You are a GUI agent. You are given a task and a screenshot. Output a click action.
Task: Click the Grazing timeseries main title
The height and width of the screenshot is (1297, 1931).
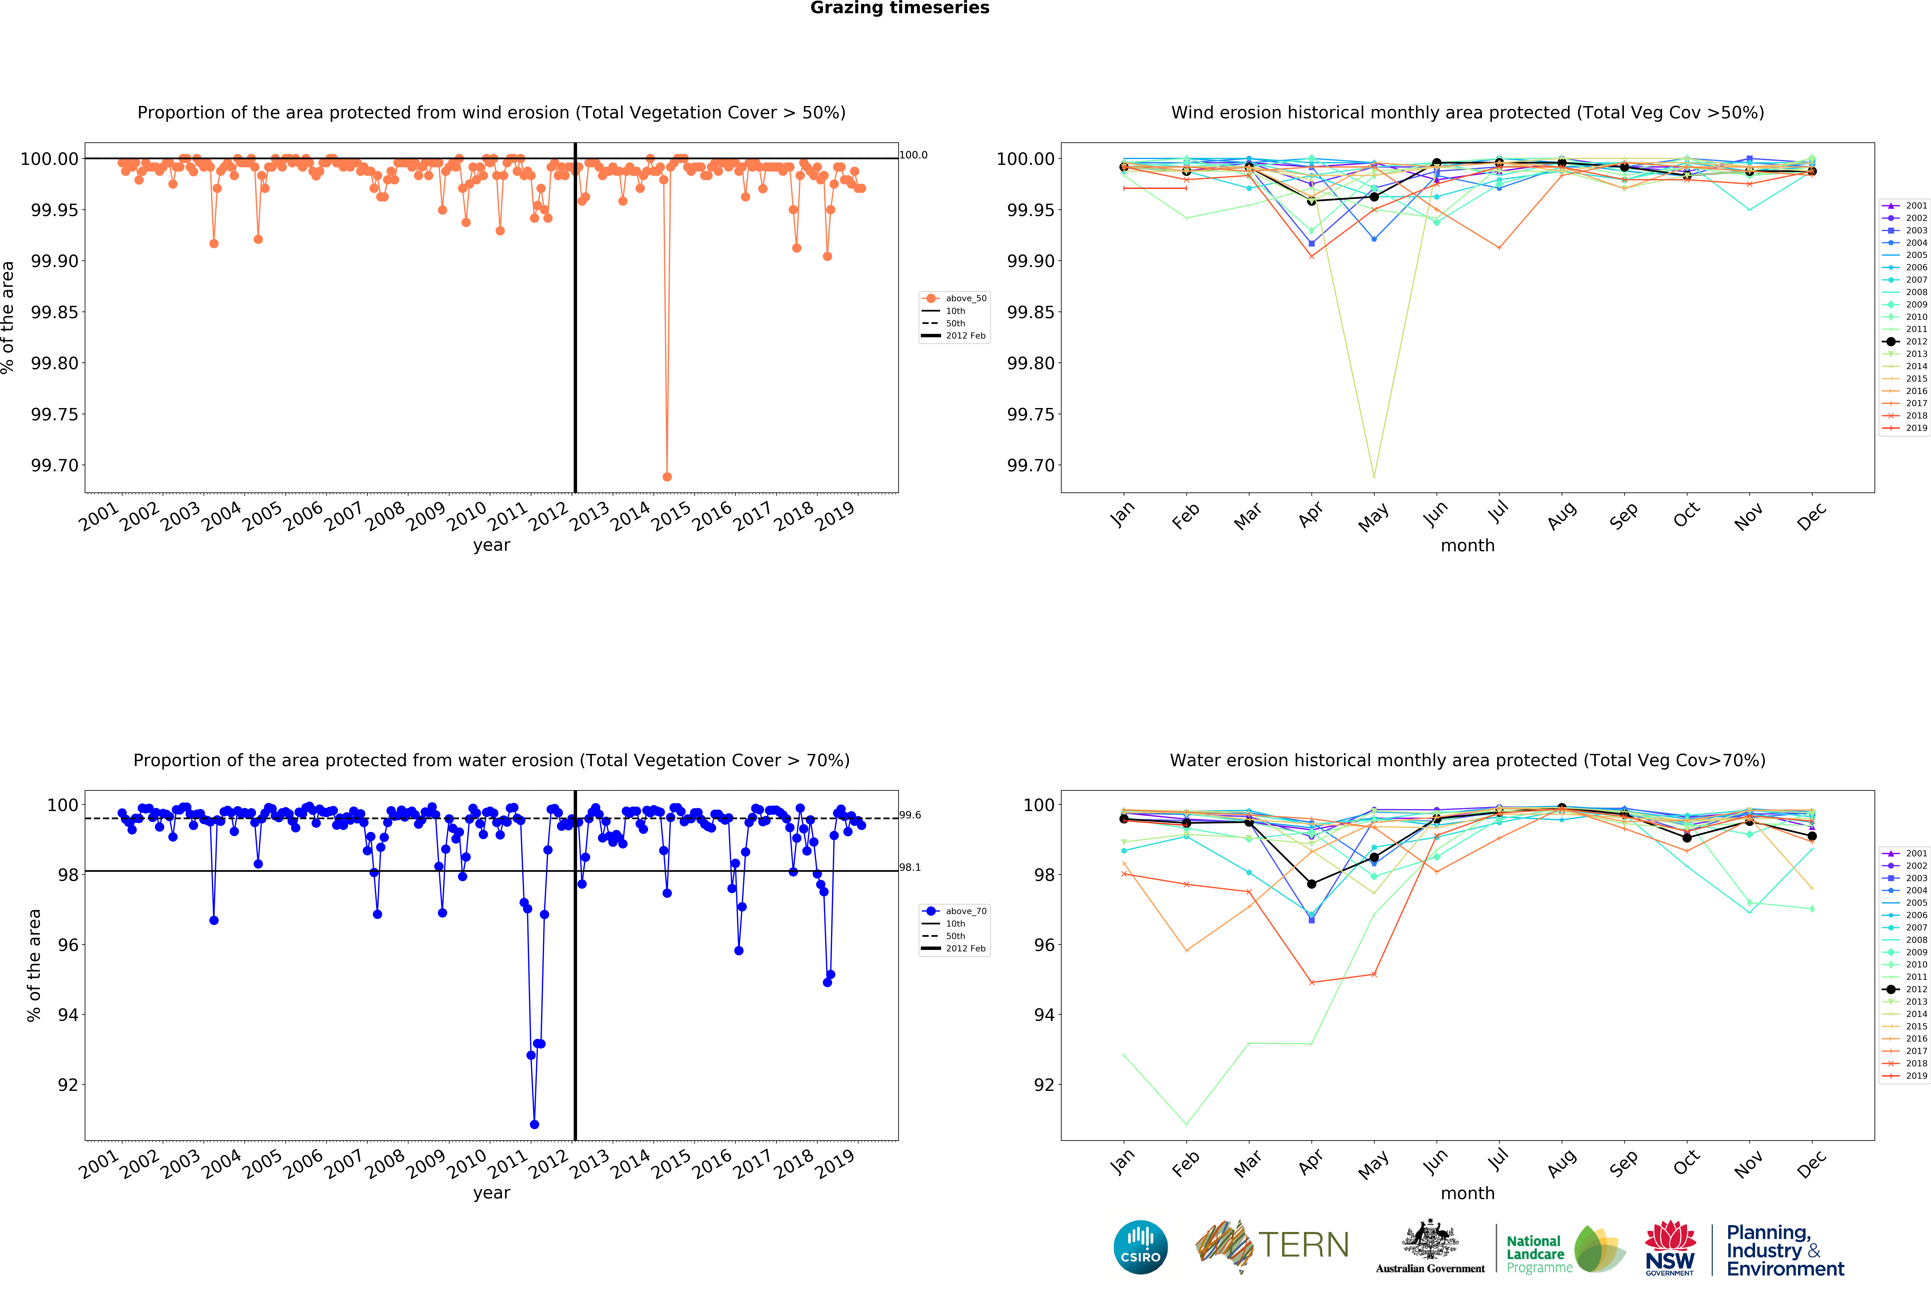pyautogui.click(x=899, y=8)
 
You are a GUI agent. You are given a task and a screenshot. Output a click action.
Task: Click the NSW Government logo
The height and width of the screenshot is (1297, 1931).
pyautogui.click(x=1670, y=1247)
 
